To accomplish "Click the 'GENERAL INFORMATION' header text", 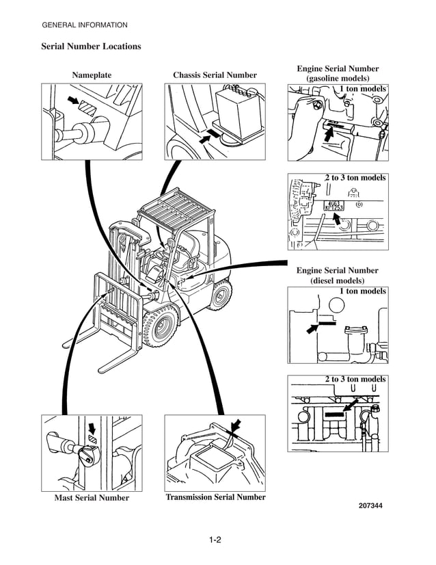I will click(85, 25).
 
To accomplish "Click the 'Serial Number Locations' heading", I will click(91, 47).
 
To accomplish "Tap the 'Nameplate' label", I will click(92, 75).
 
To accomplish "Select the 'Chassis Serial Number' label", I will click(215, 75).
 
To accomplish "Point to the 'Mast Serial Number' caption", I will click(92, 498).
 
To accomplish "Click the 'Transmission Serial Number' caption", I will click(215, 497).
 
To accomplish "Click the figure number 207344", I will click(370, 506).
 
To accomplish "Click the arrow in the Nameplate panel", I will click(72, 102).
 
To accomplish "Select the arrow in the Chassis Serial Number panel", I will click(204, 137).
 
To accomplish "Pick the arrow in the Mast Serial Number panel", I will click(93, 428).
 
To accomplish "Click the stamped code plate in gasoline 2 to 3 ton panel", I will click(333, 205).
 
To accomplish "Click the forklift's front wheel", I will click(161, 328).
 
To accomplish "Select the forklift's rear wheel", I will click(220, 295).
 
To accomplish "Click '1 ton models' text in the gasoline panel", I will click(363, 89).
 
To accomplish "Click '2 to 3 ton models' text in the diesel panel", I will click(355, 379).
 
